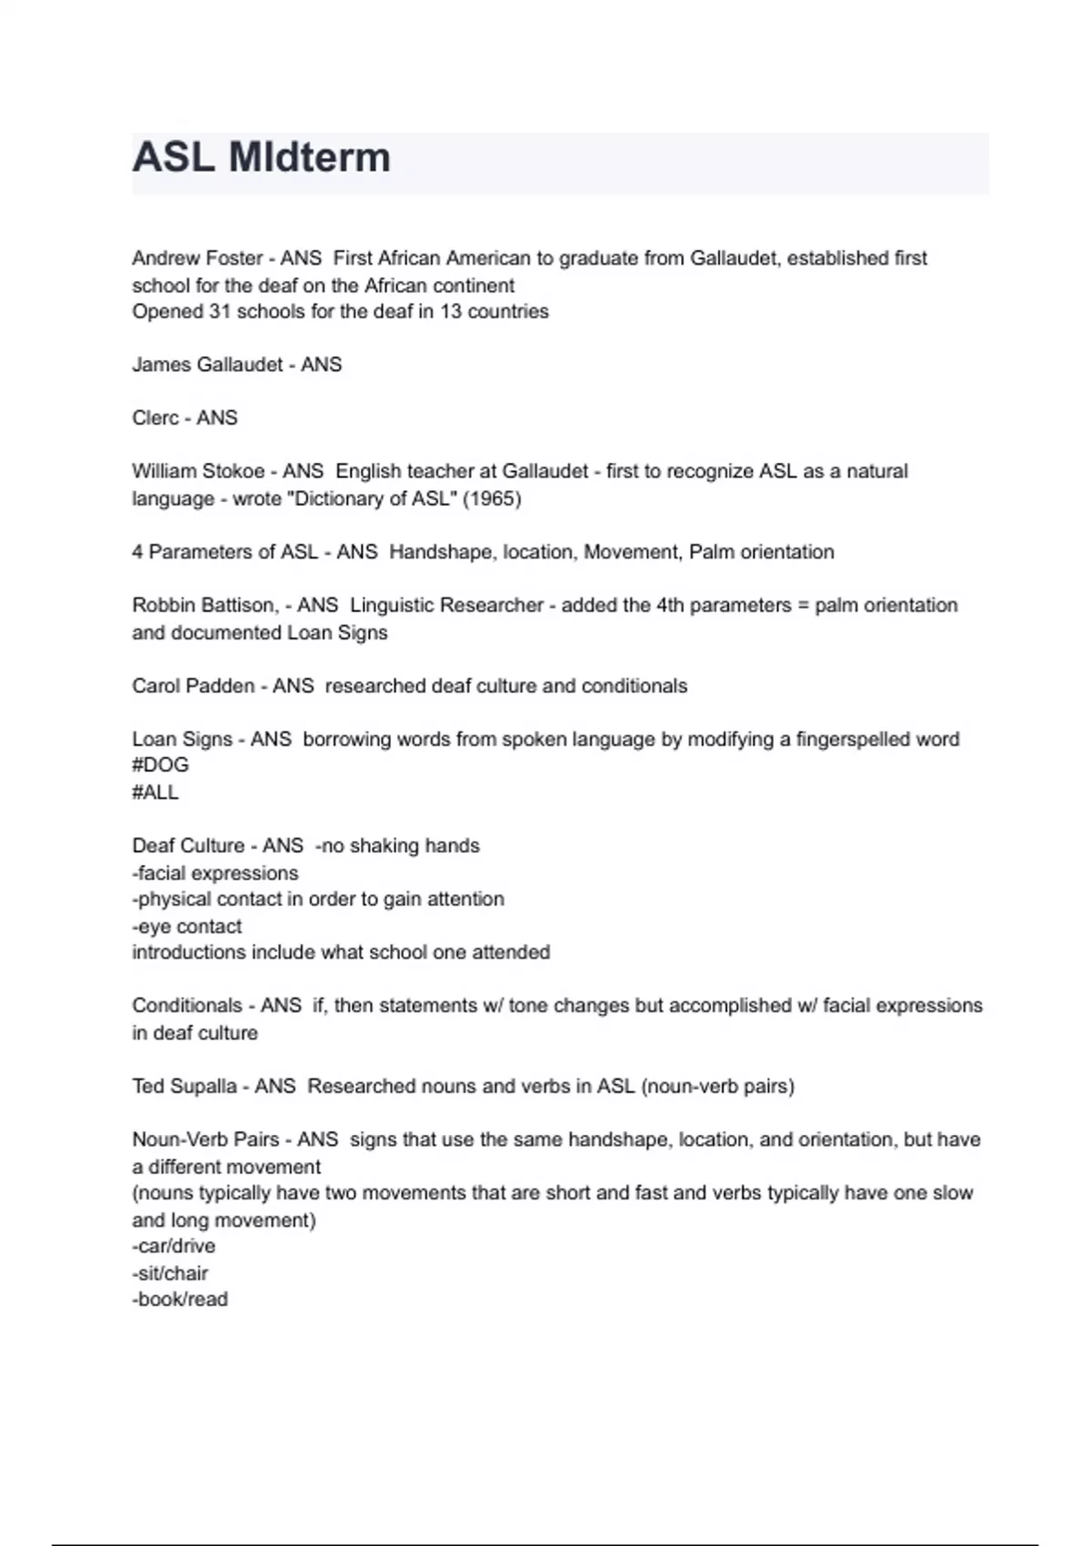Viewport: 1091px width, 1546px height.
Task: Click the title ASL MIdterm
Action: pyautogui.click(x=261, y=157)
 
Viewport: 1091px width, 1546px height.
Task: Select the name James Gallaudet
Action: pyautogui.click(x=207, y=365)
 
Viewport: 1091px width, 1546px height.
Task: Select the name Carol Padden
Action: pyautogui.click(x=193, y=686)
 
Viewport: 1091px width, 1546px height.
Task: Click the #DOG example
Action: pyautogui.click(x=160, y=765)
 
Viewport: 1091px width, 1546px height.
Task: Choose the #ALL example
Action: pyautogui.click(x=155, y=792)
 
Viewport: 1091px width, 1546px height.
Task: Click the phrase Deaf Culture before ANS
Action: pyautogui.click(x=188, y=846)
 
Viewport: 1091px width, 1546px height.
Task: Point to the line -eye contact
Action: pyautogui.click(x=187, y=927)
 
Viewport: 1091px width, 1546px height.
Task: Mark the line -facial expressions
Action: pyautogui.click(x=215, y=873)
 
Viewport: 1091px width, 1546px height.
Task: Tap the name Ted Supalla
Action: pyautogui.click(x=185, y=1086)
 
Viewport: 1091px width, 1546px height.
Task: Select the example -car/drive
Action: pyautogui.click(x=174, y=1246)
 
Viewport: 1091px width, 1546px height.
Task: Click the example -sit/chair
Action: pyautogui.click(x=170, y=1273)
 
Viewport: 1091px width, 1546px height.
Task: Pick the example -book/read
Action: pyautogui.click(x=180, y=1300)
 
